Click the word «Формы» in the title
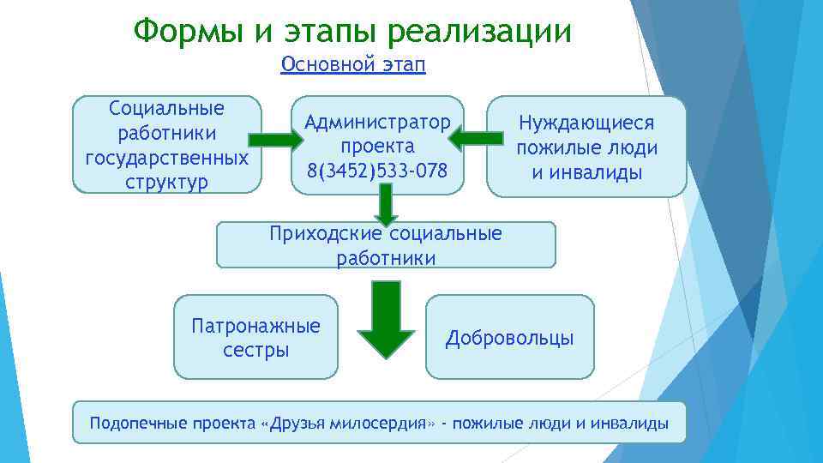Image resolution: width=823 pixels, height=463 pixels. point(186,32)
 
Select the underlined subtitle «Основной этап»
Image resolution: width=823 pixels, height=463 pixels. point(353,65)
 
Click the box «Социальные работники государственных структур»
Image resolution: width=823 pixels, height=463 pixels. point(167,144)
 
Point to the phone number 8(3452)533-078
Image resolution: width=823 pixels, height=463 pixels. point(370,171)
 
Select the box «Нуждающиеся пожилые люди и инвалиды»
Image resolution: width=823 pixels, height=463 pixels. point(586,147)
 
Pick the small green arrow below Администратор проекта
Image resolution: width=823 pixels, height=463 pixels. point(386,206)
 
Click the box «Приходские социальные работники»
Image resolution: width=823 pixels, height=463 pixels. point(386,245)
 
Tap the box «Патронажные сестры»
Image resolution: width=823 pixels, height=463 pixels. point(255,337)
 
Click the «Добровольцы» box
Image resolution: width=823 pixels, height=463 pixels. point(509,337)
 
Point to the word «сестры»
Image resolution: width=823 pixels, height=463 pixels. point(255,350)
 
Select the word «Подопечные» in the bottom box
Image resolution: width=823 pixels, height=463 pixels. point(134,423)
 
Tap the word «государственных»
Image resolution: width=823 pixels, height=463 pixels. point(167,158)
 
